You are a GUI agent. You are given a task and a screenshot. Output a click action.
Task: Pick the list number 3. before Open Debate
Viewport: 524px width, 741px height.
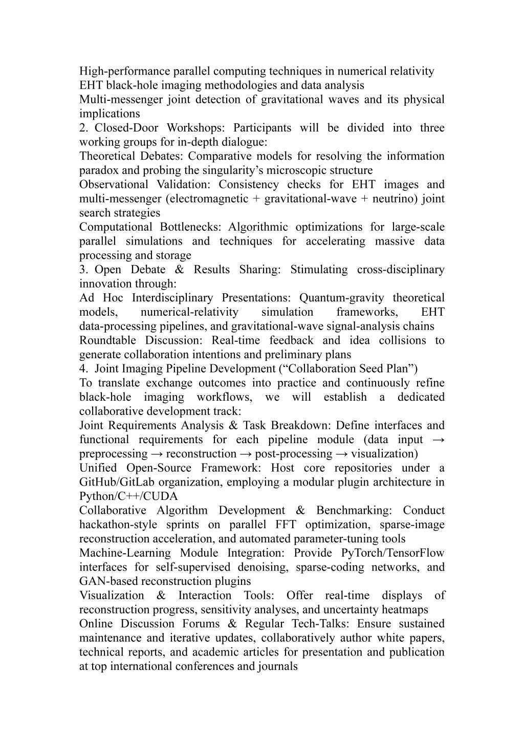[83, 270]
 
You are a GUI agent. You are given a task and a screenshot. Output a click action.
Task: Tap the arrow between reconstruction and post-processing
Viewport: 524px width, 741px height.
[246, 453]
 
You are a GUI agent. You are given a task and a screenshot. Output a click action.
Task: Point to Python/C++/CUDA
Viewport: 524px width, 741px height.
[128, 496]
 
